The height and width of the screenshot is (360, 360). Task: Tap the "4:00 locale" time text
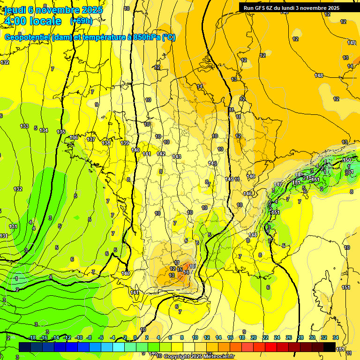(x=32, y=21)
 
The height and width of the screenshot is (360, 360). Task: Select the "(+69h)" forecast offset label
(x=81, y=21)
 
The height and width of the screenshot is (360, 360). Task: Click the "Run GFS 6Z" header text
(x=259, y=8)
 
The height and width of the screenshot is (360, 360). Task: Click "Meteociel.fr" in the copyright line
(x=218, y=357)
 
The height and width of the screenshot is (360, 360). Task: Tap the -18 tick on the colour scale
(x=32, y=337)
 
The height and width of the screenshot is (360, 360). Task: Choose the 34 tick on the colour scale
(x=336, y=337)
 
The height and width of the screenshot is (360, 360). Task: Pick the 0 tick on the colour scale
(x=135, y=337)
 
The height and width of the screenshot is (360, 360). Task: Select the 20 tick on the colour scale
(x=254, y=337)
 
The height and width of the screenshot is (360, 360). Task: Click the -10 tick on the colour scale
(x=79, y=337)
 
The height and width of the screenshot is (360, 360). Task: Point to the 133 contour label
(x=25, y=127)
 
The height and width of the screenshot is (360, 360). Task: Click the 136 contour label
(x=74, y=137)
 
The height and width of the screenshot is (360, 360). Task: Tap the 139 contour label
(x=125, y=143)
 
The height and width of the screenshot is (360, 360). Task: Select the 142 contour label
(x=161, y=154)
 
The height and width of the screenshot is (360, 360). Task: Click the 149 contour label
(x=352, y=43)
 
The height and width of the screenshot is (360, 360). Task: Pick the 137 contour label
(x=91, y=140)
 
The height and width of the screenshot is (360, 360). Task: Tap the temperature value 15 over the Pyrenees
(x=180, y=270)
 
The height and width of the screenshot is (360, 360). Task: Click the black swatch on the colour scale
(x=330, y=347)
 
